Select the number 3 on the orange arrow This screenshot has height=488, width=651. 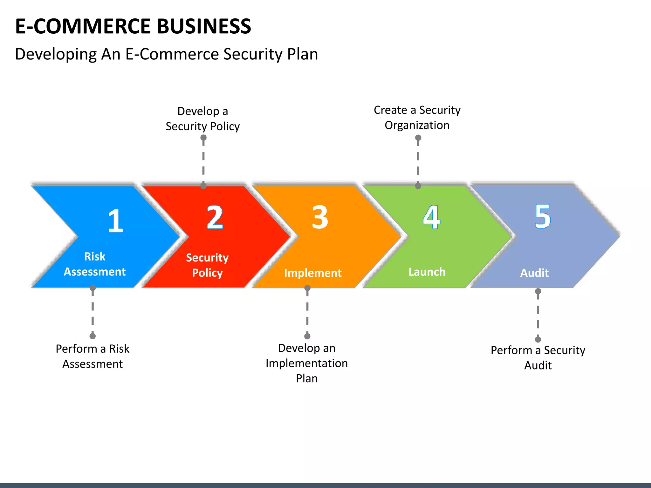click(x=320, y=217)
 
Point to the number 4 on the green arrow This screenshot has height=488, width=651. click(x=431, y=217)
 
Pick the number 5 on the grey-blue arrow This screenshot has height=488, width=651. click(x=543, y=216)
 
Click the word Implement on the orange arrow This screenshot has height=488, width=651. click(x=313, y=273)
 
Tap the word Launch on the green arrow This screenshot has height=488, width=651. click(x=427, y=272)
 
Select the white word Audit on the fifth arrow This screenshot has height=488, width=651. click(x=534, y=273)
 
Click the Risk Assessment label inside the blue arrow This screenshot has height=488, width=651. click(x=95, y=264)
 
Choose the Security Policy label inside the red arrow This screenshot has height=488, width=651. click(x=207, y=265)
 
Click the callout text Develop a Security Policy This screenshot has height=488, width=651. click(x=203, y=119)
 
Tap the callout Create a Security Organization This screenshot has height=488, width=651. click(x=417, y=118)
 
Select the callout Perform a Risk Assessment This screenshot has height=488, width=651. click(x=93, y=356)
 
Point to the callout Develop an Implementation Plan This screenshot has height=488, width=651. click(x=307, y=363)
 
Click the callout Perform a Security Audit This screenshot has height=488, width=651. click(x=538, y=358)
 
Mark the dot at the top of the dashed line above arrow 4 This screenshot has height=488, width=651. click(x=418, y=138)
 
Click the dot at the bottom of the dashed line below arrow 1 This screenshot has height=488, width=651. click(x=93, y=336)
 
